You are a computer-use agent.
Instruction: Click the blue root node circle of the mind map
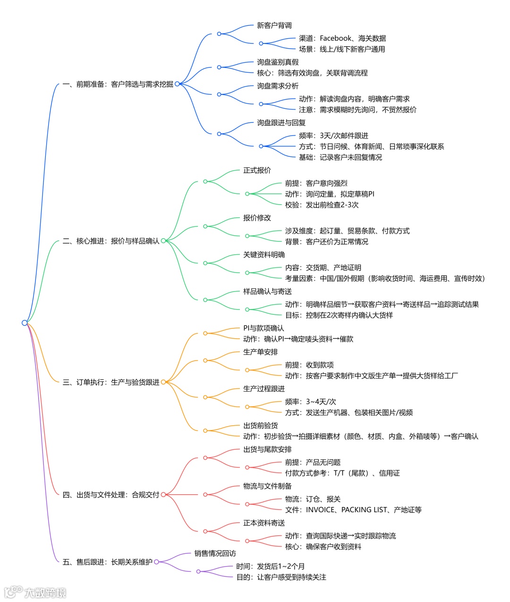(25, 323)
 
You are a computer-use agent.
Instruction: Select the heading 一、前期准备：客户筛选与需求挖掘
(118, 85)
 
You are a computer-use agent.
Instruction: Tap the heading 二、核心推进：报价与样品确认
(111, 241)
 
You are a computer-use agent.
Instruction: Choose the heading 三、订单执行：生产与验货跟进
(111, 382)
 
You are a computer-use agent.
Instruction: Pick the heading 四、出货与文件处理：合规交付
(111, 495)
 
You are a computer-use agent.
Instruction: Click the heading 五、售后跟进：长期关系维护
(107, 562)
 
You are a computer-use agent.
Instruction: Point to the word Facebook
(336, 38)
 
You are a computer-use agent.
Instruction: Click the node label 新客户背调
(274, 26)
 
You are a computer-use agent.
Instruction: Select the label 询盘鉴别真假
(278, 62)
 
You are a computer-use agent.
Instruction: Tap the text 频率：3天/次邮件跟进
(333, 136)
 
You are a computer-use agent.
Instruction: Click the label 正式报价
(257, 170)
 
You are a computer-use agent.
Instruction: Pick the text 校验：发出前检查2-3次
(322, 205)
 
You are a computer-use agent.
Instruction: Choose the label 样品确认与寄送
(267, 292)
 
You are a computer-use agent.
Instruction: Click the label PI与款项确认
(263, 328)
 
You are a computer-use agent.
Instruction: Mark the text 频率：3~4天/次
(310, 402)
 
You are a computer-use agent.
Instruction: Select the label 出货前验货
(260, 426)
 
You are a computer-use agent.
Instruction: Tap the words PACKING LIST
(364, 510)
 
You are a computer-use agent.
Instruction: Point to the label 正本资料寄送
(264, 523)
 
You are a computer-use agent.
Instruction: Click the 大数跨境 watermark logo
(35, 592)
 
